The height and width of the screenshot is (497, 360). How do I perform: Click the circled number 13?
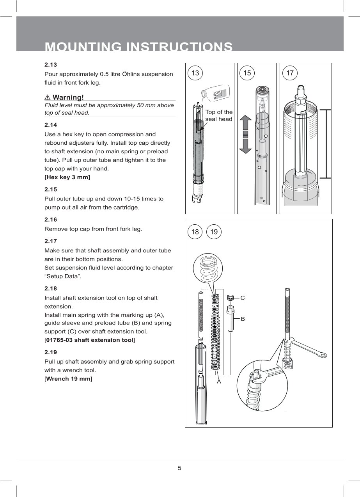pos(195,73)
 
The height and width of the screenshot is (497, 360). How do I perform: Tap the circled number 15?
pos(247,73)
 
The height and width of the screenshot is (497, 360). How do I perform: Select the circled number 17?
pos(290,73)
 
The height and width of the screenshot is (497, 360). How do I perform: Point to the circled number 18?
pos(195,232)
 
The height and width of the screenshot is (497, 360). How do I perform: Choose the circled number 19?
pos(214,232)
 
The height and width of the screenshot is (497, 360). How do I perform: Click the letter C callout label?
pos(243,298)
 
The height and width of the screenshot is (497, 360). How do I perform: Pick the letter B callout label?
pos(243,319)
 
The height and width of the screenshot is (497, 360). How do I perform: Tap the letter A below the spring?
pos(219,382)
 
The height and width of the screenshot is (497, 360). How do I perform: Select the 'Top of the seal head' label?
pos(219,115)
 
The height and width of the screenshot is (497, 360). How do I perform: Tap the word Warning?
pos(68,97)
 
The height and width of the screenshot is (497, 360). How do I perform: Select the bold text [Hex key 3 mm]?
pos(67,177)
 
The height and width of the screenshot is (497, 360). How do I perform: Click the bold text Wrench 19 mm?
pos(68,379)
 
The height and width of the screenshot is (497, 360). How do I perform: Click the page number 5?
pos(179,468)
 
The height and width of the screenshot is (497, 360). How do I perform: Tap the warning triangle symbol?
pos(48,97)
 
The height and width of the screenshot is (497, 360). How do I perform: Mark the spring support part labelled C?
pos(230,298)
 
